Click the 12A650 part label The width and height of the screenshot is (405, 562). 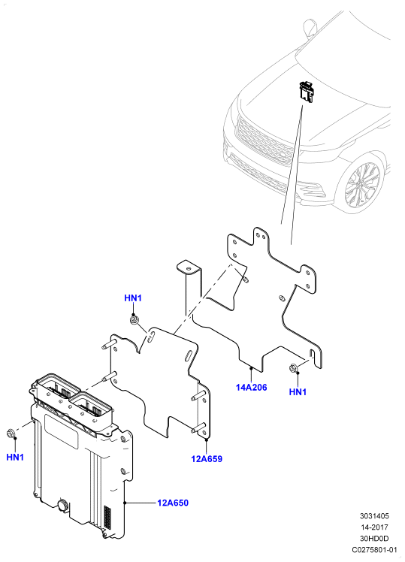pyautogui.click(x=173, y=503)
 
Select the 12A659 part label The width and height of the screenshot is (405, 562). pyautogui.click(x=207, y=459)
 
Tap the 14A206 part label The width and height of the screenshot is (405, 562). pyautogui.click(x=251, y=388)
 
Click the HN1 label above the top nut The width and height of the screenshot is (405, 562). pyautogui.click(x=133, y=298)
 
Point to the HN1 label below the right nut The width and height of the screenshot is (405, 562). pyautogui.click(x=298, y=392)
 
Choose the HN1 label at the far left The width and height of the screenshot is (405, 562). pyautogui.click(x=15, y=457)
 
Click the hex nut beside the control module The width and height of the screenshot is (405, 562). pyautogui.click(x=11, y=434)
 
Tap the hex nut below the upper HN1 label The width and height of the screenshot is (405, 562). pyautogui.click(x=134, y=320)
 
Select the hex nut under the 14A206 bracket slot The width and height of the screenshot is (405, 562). pyautogui.click(x=292, y=368)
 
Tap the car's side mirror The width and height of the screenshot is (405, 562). pyautogui.click(x=310, y=27)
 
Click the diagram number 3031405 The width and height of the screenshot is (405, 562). pyautogui.click(x=374, y=516)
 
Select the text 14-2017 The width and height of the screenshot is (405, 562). pyautogui.click(x=374, y=527)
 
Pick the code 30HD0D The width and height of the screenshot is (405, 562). pyautogui.click(x=374, y=539)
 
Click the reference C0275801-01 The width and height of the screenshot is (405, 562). pyautogui.click(x=374, y=549)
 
